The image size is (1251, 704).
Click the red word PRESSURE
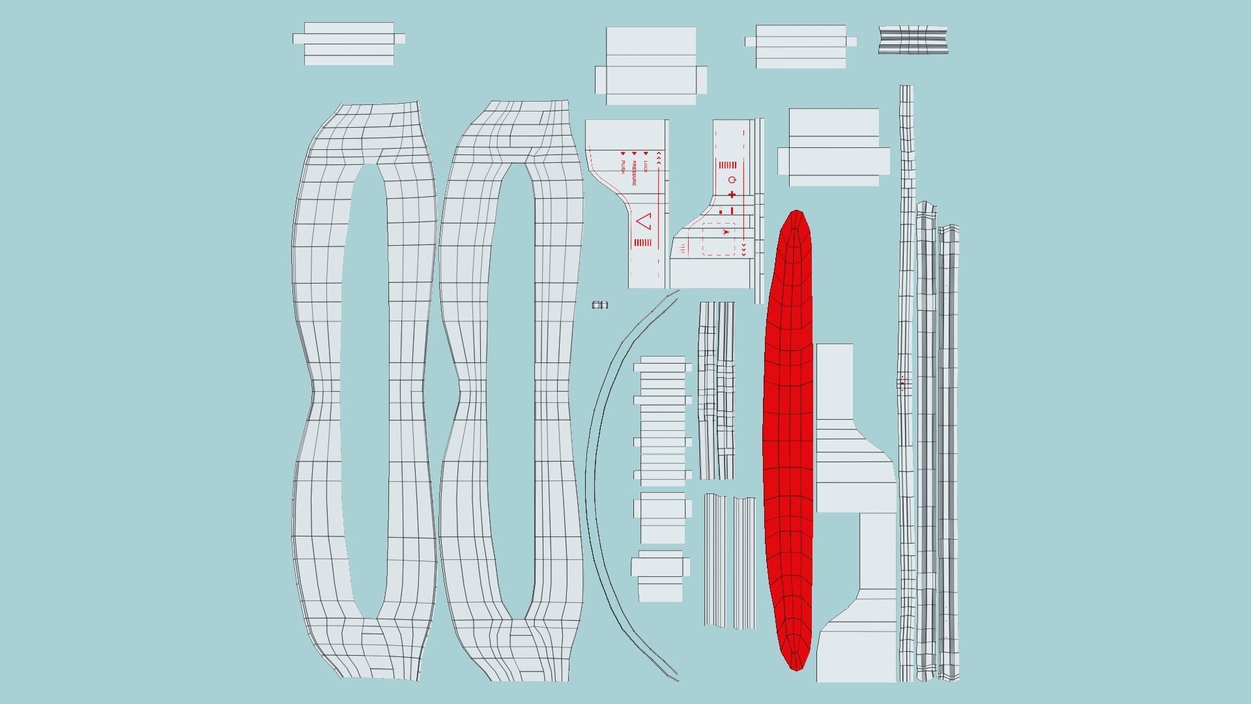pos(633,173)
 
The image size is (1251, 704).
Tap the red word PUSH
pos(623,166)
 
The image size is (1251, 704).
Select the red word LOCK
pos(646,166)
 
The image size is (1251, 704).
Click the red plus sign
pos(732,194)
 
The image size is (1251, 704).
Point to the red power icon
pos(732,180)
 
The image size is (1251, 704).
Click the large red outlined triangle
pos(644,222)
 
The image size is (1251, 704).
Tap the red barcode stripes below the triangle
pos(642,242)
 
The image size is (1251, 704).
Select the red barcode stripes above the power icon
pos(727,165)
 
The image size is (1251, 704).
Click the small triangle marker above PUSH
pos(623,153)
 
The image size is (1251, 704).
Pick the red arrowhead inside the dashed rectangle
pos(726,231)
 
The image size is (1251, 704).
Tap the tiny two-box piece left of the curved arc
pos(600,305)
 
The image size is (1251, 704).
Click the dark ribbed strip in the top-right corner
pos(913,40)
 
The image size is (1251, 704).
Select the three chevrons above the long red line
pos(659,157)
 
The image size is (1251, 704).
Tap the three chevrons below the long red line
pos(743,250)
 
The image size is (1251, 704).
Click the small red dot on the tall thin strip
pos(902,383)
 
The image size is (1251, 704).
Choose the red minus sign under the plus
pos(732,211)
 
